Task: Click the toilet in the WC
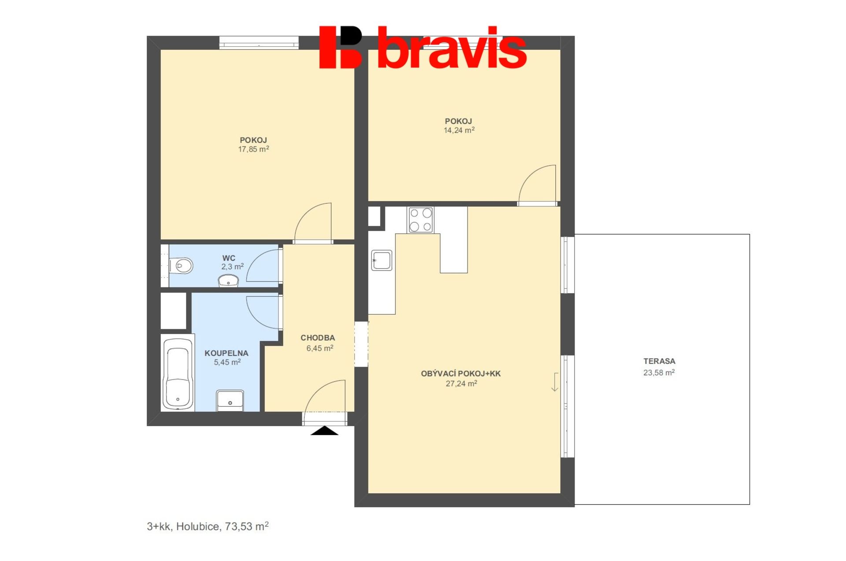[182, 266]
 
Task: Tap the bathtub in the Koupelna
[178, 373]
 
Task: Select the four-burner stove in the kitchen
[420, 220]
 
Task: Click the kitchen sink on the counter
[382, 260]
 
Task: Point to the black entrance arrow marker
[324, 431]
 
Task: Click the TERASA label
[659, 361]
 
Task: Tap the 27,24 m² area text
[461, 383]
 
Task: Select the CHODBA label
[318, 338]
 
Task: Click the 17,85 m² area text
[253, 149]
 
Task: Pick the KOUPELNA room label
[226, 353]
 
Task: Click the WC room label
[229, 258]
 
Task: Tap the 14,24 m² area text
[459, 130]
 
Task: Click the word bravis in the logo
[452, 48]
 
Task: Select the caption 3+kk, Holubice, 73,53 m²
[208, 526]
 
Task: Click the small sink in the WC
[228, 281]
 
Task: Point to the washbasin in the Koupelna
[230, 401]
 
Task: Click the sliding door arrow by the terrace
[555, 382]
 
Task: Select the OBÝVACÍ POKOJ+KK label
[461, 373]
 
